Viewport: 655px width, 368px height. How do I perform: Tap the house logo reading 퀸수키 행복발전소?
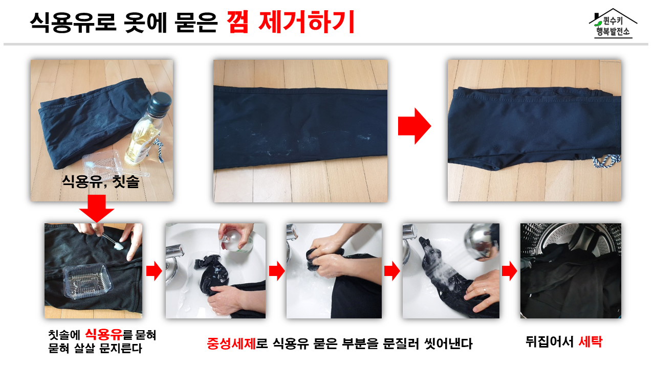[613, 24]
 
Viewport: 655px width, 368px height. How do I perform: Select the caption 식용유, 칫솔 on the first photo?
[101, 181]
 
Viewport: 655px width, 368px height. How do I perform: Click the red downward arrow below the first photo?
[97, 209]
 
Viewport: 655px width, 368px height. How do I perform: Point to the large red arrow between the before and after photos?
[414, 126]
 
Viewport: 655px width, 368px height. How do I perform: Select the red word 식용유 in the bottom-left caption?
[104, 334]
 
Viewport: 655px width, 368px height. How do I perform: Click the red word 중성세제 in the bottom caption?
[231, 343]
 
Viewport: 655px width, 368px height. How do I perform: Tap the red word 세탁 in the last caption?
[591, 342]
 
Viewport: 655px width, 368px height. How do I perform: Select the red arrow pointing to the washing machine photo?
[509, 271]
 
